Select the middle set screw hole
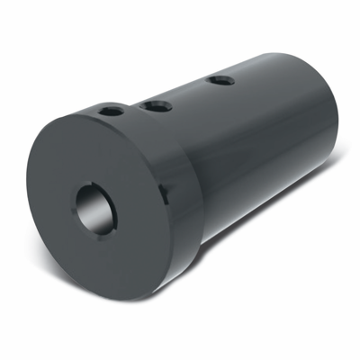[x=157, y=106]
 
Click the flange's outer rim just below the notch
[x=166, y=216]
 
